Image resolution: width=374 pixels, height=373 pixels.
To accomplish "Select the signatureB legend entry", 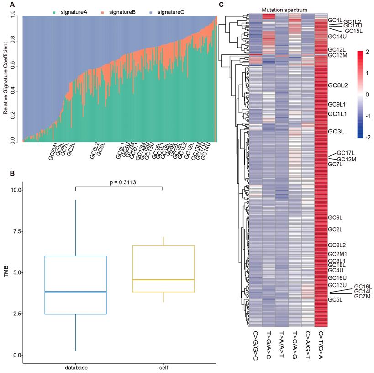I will (122, 12).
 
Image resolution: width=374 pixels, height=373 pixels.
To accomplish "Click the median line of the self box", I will (162, 279).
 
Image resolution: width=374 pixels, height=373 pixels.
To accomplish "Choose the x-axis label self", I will (162, 367).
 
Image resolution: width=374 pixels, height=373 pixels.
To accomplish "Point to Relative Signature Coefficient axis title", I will (5, 80).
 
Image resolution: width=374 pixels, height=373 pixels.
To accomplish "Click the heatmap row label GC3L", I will (336, 132).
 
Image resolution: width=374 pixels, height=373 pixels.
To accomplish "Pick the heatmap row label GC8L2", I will (338, 85).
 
